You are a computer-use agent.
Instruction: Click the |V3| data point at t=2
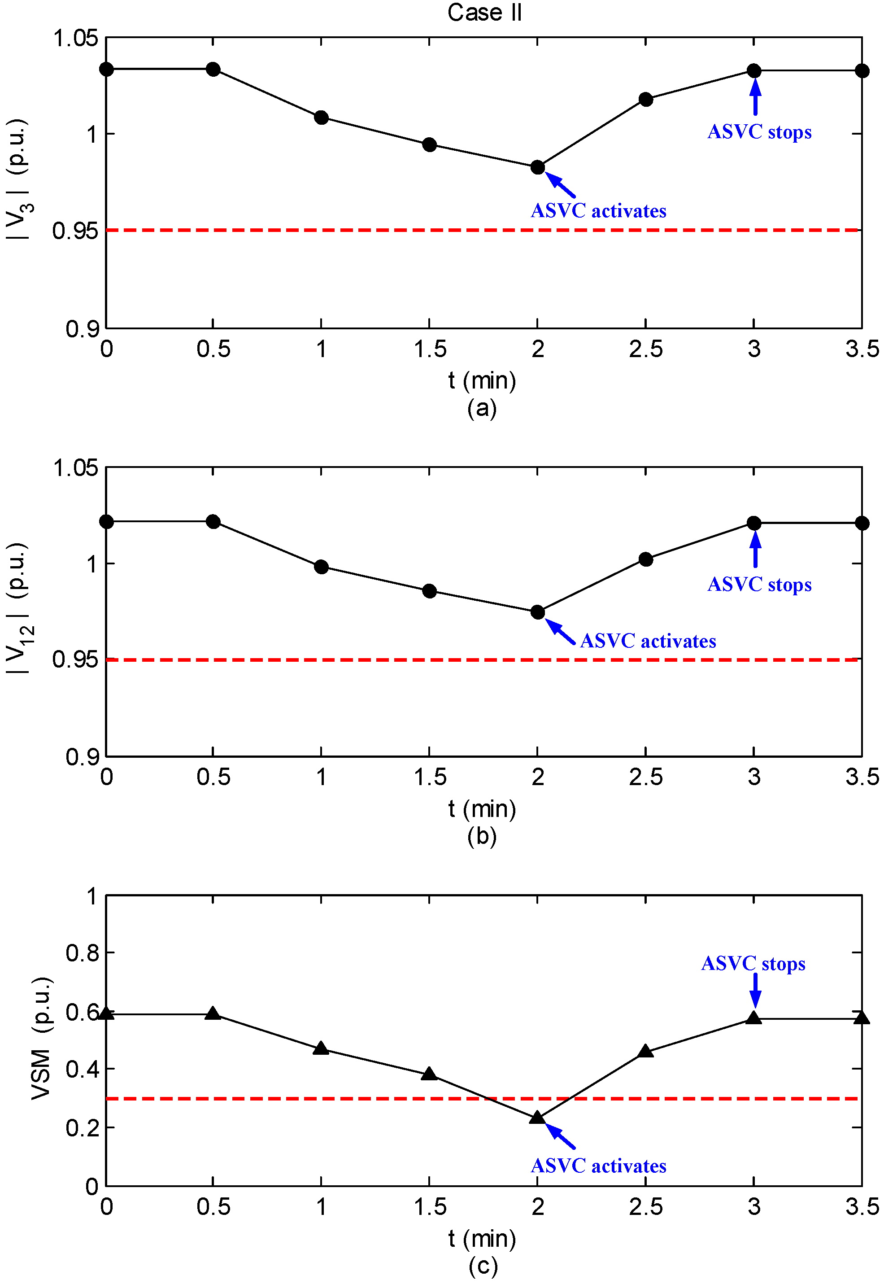(x=537, y=167)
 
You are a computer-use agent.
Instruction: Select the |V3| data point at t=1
(x=321, y=118)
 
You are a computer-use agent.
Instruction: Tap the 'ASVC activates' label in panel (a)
(x=598, y=211)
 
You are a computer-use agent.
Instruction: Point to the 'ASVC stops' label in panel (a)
(x=759, y=132)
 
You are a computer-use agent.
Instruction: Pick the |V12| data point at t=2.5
(x=646, y=559)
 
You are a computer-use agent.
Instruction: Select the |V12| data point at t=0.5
(x=213, y=522)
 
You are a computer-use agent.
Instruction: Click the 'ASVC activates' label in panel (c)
(x=598, y=1166)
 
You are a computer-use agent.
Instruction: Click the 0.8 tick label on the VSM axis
(x=82, y=953)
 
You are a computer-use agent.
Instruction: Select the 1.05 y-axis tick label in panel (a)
(x=75, y=39)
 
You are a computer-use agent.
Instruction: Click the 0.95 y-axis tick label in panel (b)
(x=75, y=660)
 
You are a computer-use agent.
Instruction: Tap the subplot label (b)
(x=482, y=836)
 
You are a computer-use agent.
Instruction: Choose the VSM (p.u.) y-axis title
(x=42, y=1039)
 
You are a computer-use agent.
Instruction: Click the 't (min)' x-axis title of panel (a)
(x=482, y=381)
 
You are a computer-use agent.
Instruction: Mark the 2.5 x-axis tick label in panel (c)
(x=646, y=1207)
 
